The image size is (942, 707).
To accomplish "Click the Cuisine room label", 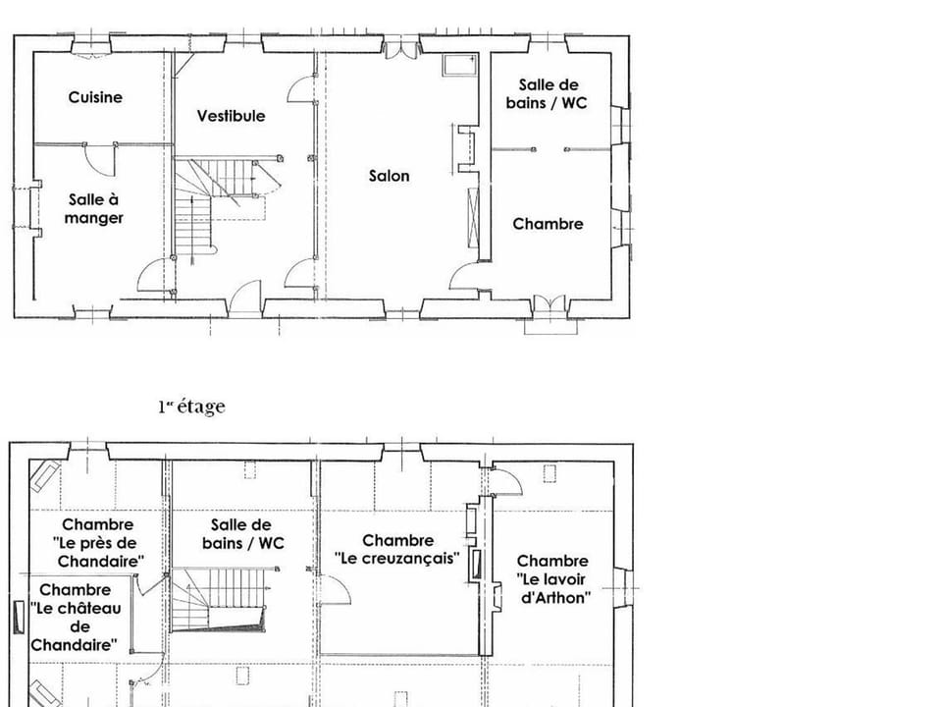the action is (95, 97).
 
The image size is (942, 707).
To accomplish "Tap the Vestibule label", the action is (231, 116).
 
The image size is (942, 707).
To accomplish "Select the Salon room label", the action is (390, 176).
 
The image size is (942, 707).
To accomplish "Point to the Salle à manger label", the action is (94, 208).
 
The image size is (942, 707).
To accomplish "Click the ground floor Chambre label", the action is (548, 224).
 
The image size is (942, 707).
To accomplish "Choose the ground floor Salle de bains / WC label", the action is (547, 94).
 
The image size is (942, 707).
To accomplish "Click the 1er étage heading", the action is (191, 407).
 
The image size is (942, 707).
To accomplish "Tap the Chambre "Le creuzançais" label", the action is (397, 550).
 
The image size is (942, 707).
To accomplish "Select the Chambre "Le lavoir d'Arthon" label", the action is (552, 579).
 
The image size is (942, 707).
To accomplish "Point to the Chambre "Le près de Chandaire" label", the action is (98, 543).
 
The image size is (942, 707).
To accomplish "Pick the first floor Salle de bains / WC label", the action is (242, 534).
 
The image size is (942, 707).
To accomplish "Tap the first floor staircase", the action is (219, 600).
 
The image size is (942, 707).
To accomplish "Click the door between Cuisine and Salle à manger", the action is (99, 160).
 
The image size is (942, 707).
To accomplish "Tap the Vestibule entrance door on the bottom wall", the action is (245, 299).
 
